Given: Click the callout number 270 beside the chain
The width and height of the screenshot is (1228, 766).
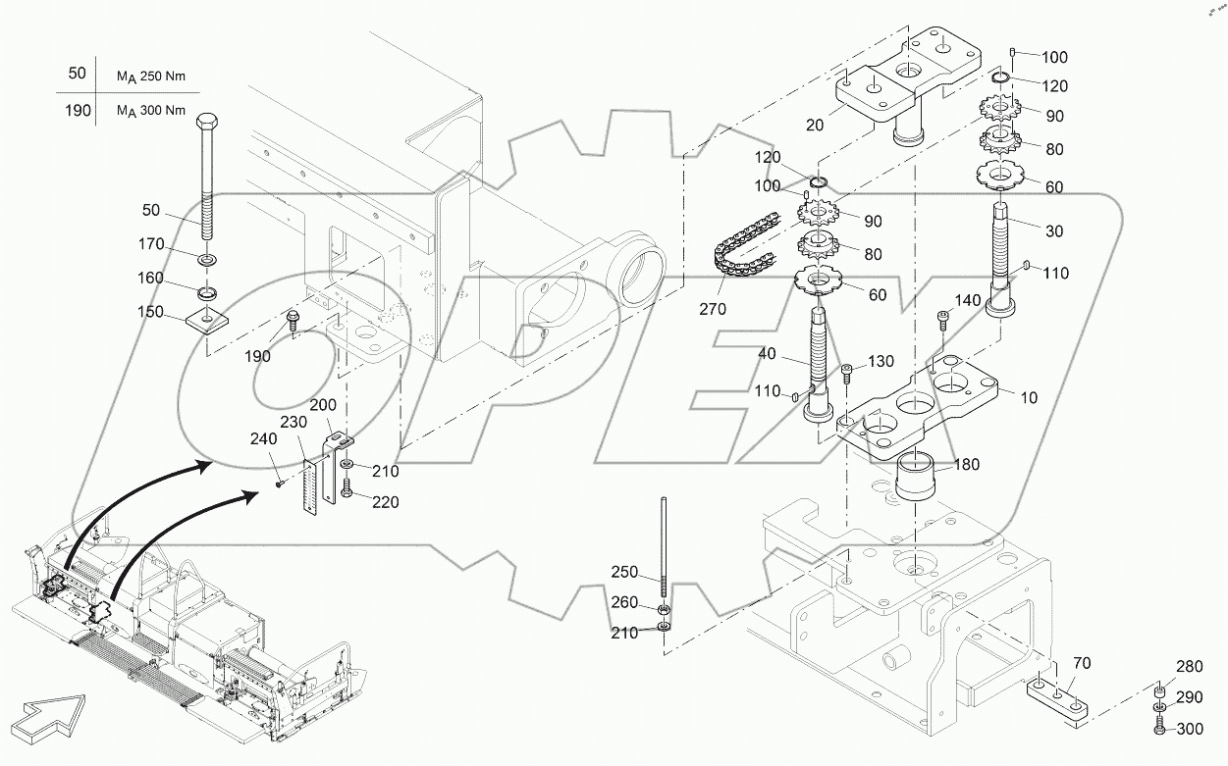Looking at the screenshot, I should pos(714,309).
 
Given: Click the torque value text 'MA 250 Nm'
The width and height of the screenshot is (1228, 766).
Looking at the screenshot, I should pos(151,76).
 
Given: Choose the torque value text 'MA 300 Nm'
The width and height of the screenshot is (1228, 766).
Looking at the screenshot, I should pos(151,110).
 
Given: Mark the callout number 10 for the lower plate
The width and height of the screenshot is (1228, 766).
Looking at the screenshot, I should pos(1029,398).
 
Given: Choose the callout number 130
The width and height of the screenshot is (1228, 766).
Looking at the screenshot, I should pos(881,362).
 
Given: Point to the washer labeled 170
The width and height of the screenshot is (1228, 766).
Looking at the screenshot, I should pos(207,260).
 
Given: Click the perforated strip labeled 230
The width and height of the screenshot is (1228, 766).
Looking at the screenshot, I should pos(312,485).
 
